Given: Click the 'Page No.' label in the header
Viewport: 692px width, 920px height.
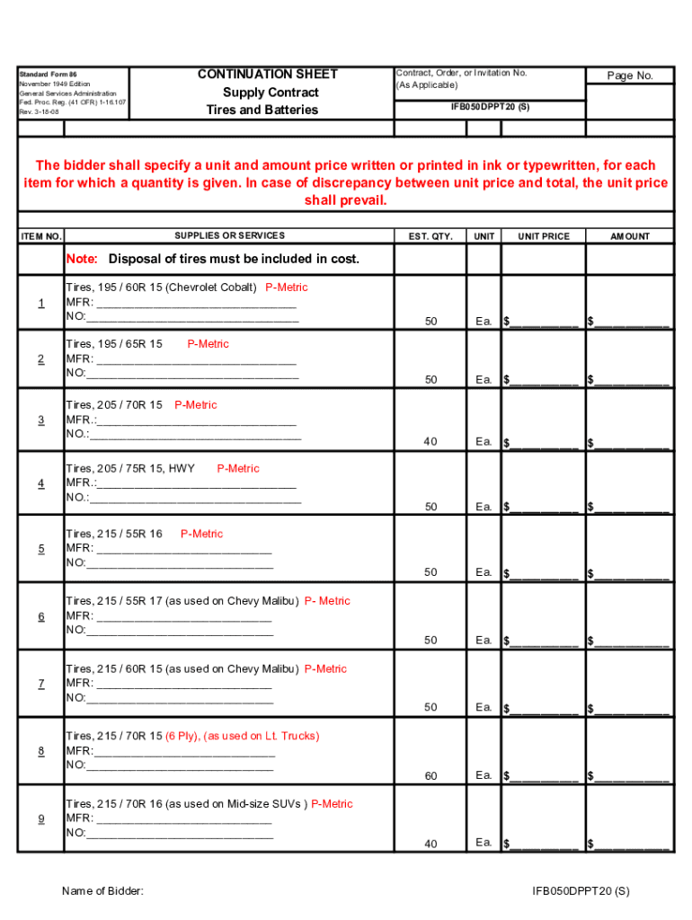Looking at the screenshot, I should pos(630,76).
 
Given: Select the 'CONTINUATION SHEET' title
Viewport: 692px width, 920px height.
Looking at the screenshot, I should pos(268,74).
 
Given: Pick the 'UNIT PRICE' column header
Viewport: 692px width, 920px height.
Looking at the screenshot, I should pos(543,236).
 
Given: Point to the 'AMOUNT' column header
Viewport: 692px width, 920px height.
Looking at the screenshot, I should pos(630,236).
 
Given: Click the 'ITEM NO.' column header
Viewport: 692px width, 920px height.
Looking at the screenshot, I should pos(41,236).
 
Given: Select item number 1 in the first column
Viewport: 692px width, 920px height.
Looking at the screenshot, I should pos(41,303).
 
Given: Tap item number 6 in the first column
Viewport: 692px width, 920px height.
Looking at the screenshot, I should pos(41,616).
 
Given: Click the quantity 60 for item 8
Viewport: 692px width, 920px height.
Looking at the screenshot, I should pos(431,776).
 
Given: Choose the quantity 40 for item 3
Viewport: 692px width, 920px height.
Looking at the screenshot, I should pos(431,441).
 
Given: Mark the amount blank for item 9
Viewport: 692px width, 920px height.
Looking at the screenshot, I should pos(631,844).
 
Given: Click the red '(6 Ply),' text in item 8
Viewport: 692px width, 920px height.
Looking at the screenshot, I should pos(182,736).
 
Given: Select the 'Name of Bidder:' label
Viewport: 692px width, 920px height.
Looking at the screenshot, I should pos(102,891).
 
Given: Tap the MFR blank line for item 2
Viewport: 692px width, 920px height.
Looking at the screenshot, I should pos(196,358).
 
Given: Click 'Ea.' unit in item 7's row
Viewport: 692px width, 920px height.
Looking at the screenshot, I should pos(484,707).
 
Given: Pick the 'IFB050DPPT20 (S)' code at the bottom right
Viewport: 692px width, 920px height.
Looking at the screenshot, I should pos(581,891).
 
